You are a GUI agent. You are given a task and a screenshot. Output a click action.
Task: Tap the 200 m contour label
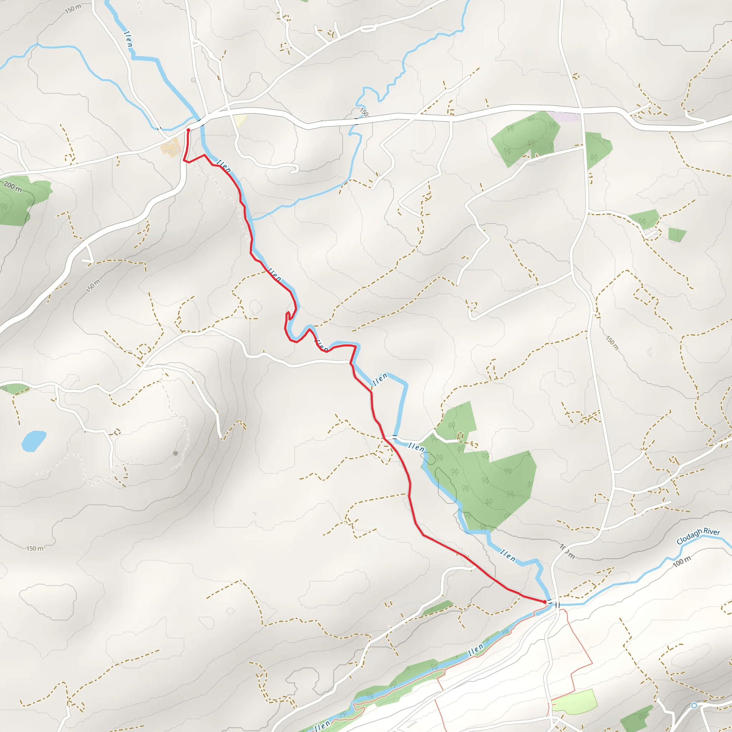(13, 187)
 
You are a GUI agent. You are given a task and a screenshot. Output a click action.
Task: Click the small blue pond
(33, 441)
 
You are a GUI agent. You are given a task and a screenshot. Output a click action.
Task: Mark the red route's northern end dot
(188, 130)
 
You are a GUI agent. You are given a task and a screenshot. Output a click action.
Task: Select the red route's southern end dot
(545, 602)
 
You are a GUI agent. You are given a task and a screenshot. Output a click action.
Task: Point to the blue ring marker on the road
(694, 706)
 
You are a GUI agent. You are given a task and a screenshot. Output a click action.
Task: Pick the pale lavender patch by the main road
(566, 116)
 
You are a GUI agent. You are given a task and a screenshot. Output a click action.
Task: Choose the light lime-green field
(574, 702)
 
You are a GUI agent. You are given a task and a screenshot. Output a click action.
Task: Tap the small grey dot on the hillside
(175, 453)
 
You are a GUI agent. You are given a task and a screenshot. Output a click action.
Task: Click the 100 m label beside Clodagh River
(682, 562)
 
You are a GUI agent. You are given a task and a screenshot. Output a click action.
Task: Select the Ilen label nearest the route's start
(223, 166)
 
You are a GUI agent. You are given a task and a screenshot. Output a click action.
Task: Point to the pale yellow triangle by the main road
(240, 120)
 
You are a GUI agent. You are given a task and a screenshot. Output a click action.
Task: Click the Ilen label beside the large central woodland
(416, 447)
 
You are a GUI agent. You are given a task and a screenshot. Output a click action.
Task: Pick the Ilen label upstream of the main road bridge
(128, 39)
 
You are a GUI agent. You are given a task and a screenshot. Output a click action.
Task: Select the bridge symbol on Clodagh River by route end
(557, 605)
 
